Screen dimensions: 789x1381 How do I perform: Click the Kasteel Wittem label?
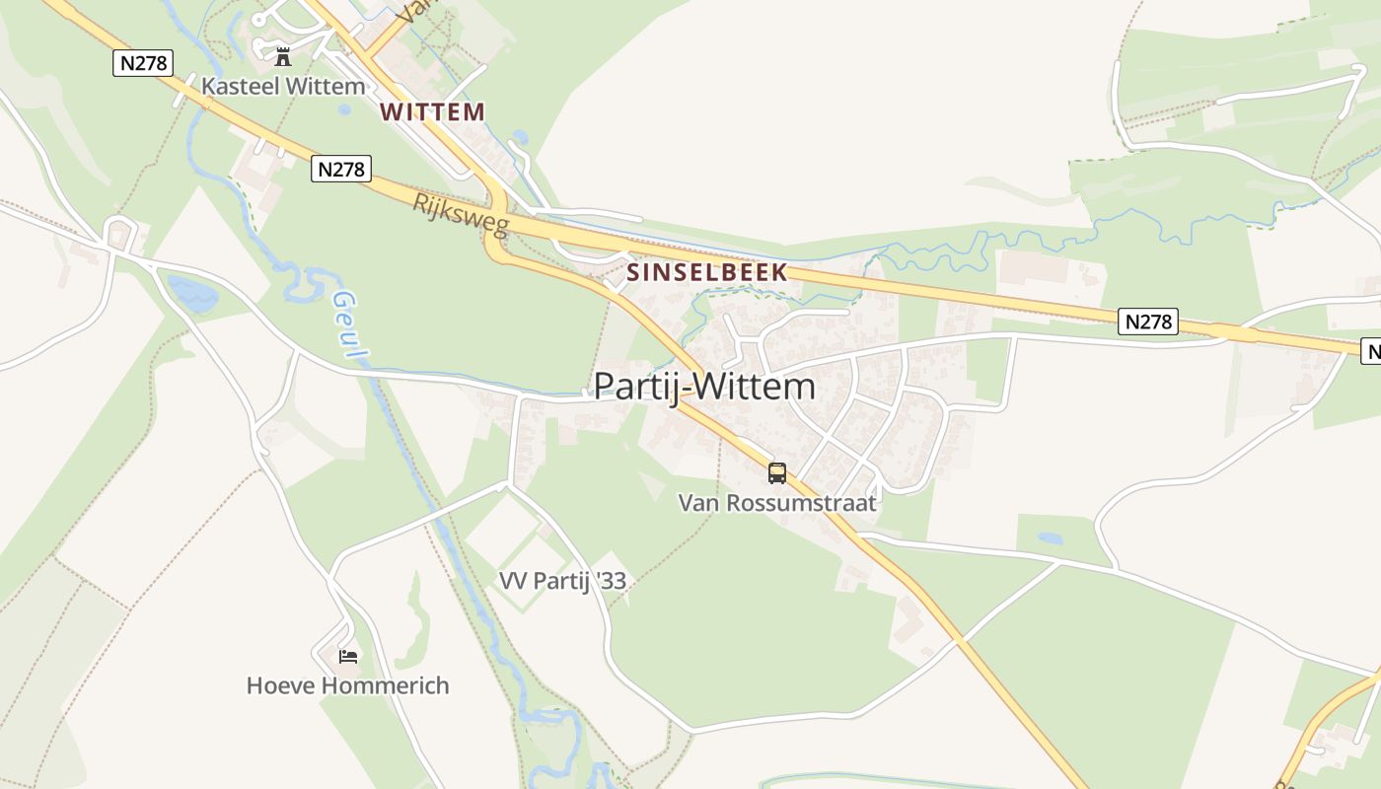point(283,87)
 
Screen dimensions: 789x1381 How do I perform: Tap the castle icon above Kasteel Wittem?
point(283,56)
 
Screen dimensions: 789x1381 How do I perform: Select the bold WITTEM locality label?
point(432,112)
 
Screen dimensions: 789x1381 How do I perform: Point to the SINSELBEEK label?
point(707,272)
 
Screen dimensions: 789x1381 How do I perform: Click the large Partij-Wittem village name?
point(704,387)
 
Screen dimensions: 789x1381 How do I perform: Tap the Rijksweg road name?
point(462,215)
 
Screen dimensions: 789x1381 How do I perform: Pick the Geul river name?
point(351,324)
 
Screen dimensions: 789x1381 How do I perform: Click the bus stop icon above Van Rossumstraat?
point(777,473)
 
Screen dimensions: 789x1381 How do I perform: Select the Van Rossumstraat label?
point(777,503)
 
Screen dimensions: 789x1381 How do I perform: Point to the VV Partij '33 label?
point(562,581)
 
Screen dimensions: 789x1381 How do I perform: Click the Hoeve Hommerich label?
point(347,685)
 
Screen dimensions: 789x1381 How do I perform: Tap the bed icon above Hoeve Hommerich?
point(347,656)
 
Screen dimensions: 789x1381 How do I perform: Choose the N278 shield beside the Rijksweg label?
point(341,169)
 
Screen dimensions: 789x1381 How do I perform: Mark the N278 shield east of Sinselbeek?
point(1148,322)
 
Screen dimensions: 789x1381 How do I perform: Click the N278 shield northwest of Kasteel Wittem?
point(143,63)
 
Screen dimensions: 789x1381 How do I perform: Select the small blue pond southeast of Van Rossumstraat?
point(1051,538)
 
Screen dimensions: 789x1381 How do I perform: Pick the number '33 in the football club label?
point(611,581)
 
